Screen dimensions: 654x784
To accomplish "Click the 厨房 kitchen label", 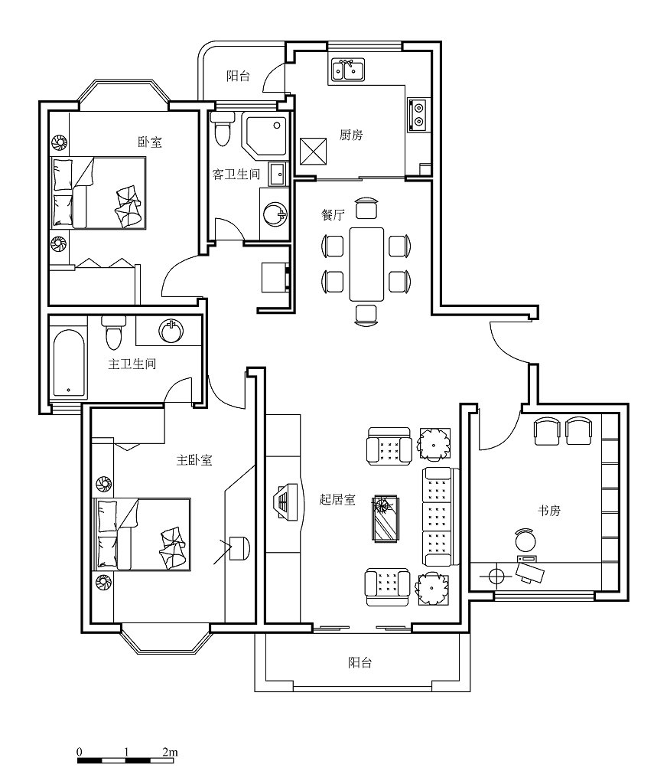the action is coord(351,135).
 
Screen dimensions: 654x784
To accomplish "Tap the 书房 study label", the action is coord(548,511).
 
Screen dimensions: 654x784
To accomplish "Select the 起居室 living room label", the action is coord(337,499).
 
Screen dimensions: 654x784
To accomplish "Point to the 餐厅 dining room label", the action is coord(333,215).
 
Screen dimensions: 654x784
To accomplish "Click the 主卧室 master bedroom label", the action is coord(194,460).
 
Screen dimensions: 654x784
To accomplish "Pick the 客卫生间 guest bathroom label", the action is coord(236,174).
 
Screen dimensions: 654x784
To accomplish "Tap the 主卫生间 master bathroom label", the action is coord(132,364).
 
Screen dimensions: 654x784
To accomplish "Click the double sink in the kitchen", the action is coord(348,70).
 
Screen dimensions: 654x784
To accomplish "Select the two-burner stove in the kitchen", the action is coord(418,115).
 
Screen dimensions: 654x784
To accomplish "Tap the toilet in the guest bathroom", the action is coord(223,129).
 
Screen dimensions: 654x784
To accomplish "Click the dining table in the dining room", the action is coord(366,264).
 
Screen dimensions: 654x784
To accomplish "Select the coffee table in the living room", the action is coord(386,518).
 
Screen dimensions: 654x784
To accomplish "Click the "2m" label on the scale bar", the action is coord(170,752).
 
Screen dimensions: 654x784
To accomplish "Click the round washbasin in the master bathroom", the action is coord(171,330).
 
